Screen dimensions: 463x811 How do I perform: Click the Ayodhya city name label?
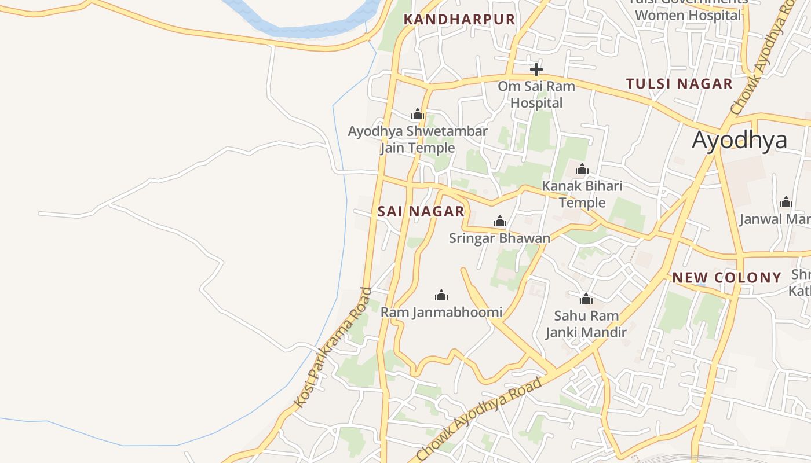click(x=739, y=140)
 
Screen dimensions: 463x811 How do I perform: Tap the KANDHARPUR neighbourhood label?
click(x=459, y=19)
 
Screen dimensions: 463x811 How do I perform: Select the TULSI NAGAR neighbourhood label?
click(x=679, y=83)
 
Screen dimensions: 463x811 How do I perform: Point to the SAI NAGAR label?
click(x=421, y=211)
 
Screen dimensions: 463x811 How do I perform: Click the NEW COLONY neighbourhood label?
click(x=726, y=277)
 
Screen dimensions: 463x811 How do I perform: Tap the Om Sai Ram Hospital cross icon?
click(x=536, y=70)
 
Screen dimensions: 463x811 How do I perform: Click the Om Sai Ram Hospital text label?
click(x=536, y=95)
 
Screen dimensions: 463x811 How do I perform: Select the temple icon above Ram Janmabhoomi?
click(x=441, y=296)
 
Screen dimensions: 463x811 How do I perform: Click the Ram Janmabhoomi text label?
click(x=441, y=313)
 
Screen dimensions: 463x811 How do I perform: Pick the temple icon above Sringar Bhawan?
click(x=499, y=221)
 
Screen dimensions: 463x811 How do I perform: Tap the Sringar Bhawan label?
click(x=499, y=238)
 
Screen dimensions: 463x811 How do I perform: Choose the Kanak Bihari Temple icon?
click(x=582, y=170)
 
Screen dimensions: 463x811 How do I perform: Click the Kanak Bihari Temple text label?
click(x=582, y=194)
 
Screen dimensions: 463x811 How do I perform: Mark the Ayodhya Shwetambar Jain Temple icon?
click(x=418, y=115)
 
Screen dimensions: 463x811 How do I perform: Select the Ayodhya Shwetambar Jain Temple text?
click(x=418, y=139)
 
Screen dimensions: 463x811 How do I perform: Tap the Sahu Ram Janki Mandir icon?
click(x=586, y=299)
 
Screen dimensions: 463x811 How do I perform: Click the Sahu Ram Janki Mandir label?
click(x=586, y=324)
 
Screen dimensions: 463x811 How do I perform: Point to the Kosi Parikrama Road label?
click(x=332, y=347)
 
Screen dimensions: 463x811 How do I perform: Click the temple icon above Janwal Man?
click(x=786, y=202)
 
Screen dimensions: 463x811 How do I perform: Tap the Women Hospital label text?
click(x=688, y=15)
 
